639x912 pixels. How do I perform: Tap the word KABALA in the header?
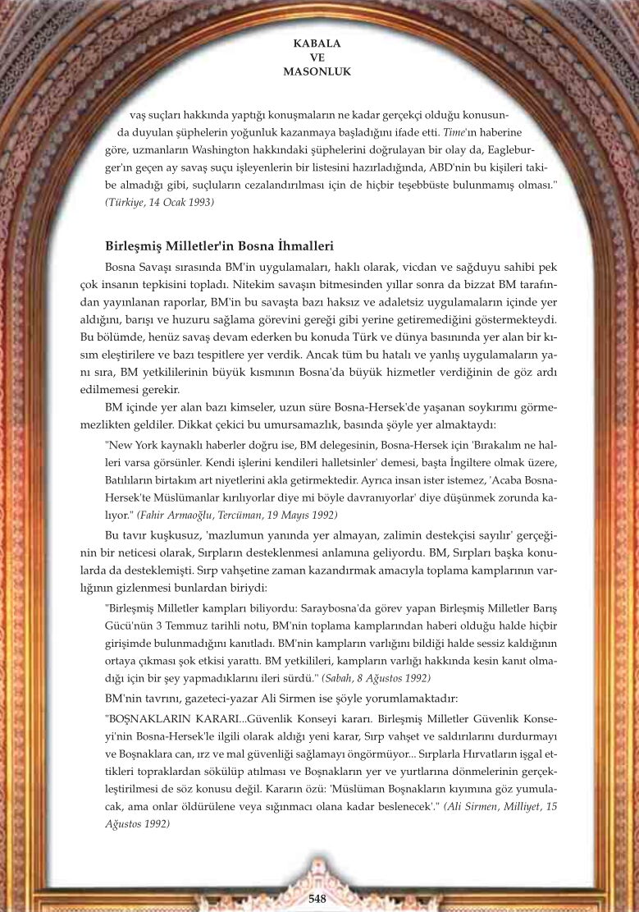coord(317,42)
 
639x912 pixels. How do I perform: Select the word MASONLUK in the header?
coord(317,71)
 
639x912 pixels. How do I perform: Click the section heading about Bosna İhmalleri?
coord(219,246)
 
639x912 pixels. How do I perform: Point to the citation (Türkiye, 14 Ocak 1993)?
coord(161,201)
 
